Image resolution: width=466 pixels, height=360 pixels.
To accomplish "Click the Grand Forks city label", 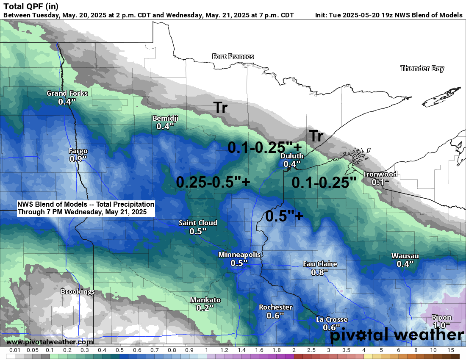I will [x=67, y=93].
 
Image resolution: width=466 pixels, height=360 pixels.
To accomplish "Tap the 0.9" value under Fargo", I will [x=78, y=159].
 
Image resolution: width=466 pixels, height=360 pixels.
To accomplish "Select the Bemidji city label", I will [x=165, y=118].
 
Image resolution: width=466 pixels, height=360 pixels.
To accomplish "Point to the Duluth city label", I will [x=292, y=156].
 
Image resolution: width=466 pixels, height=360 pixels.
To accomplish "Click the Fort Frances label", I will [x=233, y=56].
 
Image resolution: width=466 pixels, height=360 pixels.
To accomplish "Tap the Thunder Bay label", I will [x=422, y=68].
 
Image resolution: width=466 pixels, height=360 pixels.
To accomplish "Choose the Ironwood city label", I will [x=380, y=174].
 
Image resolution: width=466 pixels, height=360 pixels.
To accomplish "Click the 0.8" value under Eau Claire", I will [x=320, y=272].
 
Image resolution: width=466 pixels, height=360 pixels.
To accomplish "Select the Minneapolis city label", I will [x=239, y=255].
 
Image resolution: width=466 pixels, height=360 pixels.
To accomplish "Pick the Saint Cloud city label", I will [x=198, y=223].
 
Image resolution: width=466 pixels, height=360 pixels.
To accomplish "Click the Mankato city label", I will [x=205, y=300].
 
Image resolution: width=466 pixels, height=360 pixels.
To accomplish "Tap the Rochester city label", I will [x=275, y=307].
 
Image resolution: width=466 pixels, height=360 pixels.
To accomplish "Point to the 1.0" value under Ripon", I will [x=441, y=325].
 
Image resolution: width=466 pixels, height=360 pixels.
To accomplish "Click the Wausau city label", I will [x=405, y=256].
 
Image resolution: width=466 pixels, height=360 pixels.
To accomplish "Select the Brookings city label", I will [x=78, y=291].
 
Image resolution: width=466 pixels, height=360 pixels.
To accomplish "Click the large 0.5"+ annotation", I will [x=284, y=216].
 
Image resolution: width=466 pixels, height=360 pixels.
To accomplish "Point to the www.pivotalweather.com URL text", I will [x=50, y=342].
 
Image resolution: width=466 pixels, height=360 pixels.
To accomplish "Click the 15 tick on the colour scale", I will [x=450, y=351].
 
